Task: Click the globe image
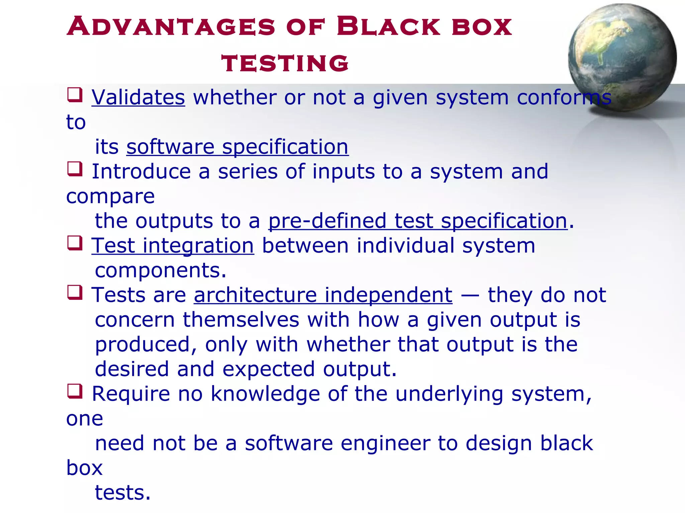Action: click(622, 57)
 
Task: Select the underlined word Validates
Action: click(138, 97)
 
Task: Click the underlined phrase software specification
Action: click(237, 147)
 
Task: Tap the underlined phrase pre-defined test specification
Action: click(418, 221)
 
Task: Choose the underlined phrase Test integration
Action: click(173, 246)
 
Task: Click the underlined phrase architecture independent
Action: click(323, 295)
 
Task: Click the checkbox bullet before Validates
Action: click(75, 95)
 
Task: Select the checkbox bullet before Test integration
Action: click(75, 243)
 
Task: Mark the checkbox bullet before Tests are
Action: click(75, 292)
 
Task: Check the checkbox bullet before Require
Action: click(75, 391)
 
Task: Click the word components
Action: click(161, 270)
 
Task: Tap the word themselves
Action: click(241, 320)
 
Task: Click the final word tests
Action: click(122, 493)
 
